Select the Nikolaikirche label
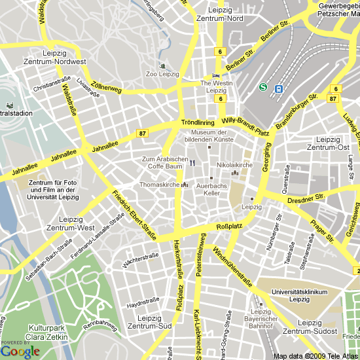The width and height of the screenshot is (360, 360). [x=234, y=165]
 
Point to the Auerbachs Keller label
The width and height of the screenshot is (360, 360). [x=211, y=189]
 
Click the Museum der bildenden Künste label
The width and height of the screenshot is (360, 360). [x=208, y=135]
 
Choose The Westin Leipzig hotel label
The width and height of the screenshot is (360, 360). [x=216, y=86]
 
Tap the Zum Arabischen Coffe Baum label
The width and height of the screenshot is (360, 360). [x=166, y=162]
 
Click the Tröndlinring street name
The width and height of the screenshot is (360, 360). [x=198, y=122]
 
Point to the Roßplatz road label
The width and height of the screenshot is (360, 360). [x=228, y=228]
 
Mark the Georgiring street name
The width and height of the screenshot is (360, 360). [x=266, y=160]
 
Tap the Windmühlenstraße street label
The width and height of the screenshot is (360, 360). [x=232, y=268]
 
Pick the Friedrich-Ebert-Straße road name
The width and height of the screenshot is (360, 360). [x=134, y=214]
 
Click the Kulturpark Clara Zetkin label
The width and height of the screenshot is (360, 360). [x=48, y=332]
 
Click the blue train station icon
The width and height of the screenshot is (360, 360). [x=278, y=88]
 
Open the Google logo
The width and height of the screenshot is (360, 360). [x=20, y=351]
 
